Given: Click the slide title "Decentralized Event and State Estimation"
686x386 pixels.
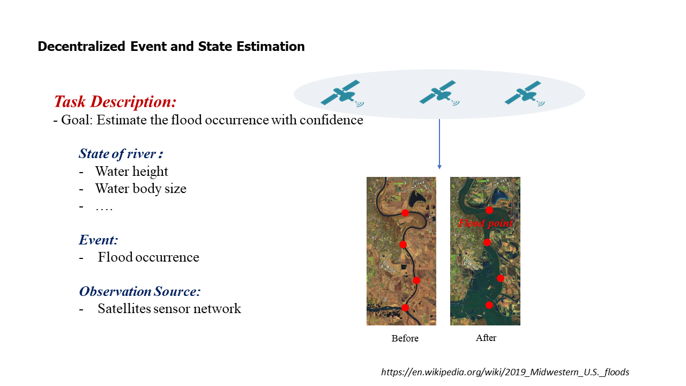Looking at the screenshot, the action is [x=171, y=47].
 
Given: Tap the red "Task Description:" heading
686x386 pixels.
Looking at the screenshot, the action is [x=115, y=101].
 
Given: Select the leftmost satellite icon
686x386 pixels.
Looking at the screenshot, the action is [x=342, y=93].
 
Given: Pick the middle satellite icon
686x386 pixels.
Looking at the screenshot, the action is [x=439, y=93].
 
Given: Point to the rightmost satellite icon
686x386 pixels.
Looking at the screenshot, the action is [x=524, y=93].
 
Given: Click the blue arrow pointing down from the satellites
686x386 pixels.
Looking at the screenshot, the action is [x=439, y=144].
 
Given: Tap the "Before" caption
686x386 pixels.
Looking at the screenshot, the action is [x=405, y=338].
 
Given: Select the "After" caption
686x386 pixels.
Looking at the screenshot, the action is [x=486, y=338].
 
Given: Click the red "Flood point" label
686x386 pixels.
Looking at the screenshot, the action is [x=486, y=223].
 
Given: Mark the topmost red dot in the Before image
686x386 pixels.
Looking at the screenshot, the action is [x=405, y=213].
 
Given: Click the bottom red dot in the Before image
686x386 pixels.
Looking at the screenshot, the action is [x=405, y=308].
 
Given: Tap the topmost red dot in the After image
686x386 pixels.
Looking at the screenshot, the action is [x=489, y=210].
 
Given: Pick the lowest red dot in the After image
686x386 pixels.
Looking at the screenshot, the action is [x=489, y=305].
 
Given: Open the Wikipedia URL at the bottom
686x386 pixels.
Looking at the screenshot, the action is [x=505, y=372].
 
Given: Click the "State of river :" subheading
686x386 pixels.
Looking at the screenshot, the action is [x=121, y=154].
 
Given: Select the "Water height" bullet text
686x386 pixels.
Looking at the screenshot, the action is [x=132, y=171].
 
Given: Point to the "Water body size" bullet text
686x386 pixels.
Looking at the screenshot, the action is [x=140, y=188].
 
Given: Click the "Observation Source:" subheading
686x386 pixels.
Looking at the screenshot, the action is [x=140, y=291].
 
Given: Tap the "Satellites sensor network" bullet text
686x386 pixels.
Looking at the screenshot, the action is [x=169, y=308].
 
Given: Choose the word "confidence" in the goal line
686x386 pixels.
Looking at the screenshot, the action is [x=331, y=120].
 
